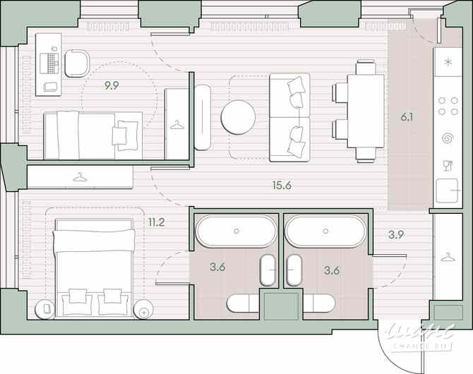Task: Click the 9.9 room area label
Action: click(112, 86)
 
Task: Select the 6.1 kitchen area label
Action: click(407, 118)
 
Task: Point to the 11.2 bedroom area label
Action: click(157, 222)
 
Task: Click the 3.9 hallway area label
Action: click(395, 234)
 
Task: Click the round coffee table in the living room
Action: click(238, 117)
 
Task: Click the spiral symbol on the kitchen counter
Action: click(447, 138)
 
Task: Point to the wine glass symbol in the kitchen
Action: click(447, 166)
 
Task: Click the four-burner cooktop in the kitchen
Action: click(447, 105)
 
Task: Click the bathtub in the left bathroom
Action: click(236, 231)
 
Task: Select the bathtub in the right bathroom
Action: click(325, 231)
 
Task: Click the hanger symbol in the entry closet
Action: click(447, 255)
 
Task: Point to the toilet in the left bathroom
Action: click(244, 303)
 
